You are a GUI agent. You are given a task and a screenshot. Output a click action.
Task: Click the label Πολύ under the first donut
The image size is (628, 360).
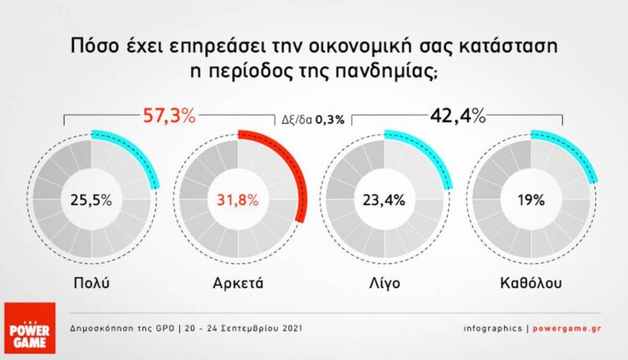(x=92, y=282)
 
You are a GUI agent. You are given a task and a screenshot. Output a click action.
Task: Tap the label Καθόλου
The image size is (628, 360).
(x=533, y=282)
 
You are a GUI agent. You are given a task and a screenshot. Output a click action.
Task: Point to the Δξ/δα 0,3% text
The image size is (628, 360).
(x=312, y=120)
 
